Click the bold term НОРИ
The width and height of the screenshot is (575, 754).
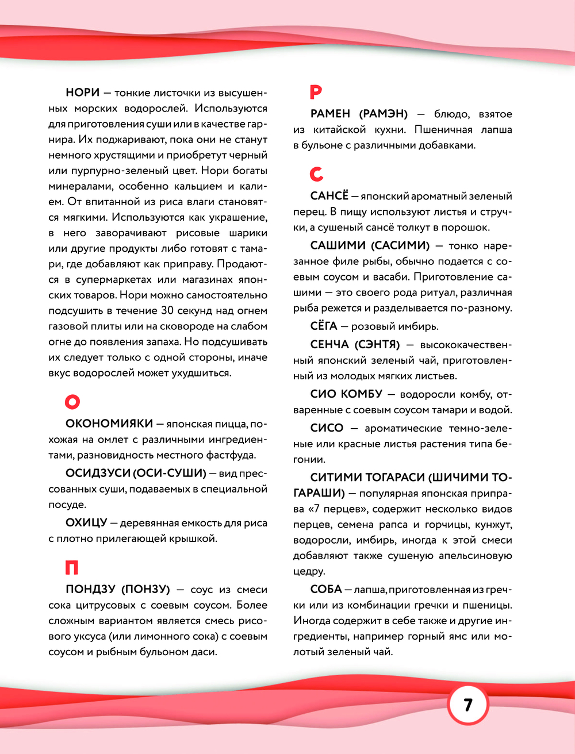click(x=83, y=93)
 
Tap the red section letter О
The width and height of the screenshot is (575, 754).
click(x=72, y=401)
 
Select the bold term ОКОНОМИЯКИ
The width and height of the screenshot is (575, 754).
click(x=109, y=424)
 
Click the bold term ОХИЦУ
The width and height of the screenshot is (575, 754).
click(x=86, y=523)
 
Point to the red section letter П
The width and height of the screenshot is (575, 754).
click(x=71, y=568)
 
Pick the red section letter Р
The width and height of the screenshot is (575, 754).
click(x=316, y=91)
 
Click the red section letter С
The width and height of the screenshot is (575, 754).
click(x=316, y=174)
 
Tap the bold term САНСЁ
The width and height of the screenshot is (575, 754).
click(x=329, y=196)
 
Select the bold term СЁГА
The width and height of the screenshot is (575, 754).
click(x=324, y=326)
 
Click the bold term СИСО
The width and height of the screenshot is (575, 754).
click(x=327, y=428)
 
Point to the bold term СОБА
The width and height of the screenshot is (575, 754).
click(x=326, y=589)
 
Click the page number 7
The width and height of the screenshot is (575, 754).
click(x=467, y=704)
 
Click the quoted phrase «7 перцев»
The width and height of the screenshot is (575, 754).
click(x=338, y=509)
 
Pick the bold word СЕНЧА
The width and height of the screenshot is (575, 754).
click(x=329, y=345)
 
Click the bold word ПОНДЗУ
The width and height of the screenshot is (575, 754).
click(x=91, y=590)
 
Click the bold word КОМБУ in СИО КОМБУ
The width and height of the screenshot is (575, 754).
click(x=362, y=394)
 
